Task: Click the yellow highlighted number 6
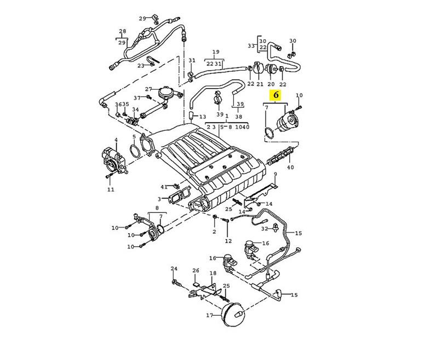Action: coord(277,95)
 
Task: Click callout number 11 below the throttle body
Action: coord(111,190)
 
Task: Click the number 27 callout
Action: coord(148,89)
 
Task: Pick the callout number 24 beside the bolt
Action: coord(174,269)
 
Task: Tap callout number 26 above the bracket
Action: coord(196,271)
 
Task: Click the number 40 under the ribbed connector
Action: coord(290,167)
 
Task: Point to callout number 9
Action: coord(275,175)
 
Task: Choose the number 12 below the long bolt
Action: coord(228,241)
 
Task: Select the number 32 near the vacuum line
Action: coord(264,229)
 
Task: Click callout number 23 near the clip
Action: coord(141,66)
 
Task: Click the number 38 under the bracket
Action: coord(239,117)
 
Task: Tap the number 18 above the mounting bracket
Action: coord(213,273)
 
